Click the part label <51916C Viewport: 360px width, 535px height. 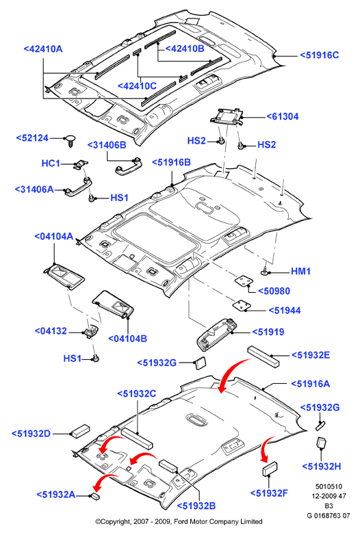[x=320, y=55]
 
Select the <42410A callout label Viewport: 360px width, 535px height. [x=43, y=49]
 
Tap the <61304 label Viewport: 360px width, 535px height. [x=283, y=116]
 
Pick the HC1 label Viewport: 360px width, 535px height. [x=51, y=164]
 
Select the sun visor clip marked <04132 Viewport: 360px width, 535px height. [x=90, y=331]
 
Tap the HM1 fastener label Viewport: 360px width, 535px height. [x=300, y=271]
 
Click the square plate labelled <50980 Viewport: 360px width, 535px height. [x=244, y=281]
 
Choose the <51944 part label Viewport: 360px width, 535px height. [x=285, y=311]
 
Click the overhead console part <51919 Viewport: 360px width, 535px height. [x=216, y=335]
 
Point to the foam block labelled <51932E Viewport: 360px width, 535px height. [x=263, y=357]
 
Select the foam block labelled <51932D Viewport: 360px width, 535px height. [x=80, y=431]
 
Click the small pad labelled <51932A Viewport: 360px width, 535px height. [x=96, y=496]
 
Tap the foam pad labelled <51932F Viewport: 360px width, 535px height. [x=270, y=469]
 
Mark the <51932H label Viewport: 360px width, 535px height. [x=322, y=467]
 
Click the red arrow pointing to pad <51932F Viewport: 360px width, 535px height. [x=266, y=448]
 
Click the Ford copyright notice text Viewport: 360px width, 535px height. [x=179, y=521]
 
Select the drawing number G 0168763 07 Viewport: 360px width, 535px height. [x=329, y=515]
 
